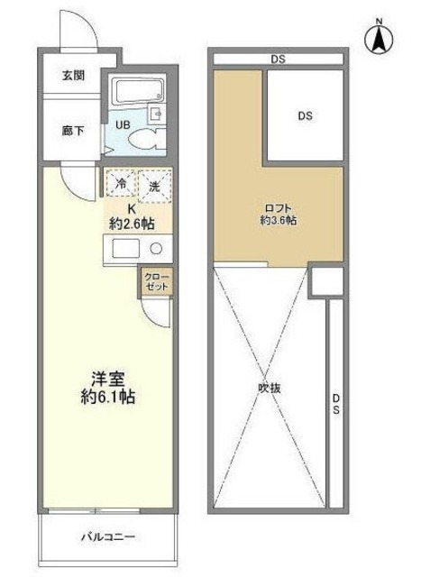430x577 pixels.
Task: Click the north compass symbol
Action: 380,37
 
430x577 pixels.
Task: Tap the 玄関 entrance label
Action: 73,75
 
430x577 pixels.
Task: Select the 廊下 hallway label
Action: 73,132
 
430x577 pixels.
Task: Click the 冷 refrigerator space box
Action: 120,186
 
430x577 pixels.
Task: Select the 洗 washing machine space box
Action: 153,186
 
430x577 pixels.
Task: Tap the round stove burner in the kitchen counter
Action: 155,249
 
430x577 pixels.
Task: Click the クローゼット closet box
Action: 153,281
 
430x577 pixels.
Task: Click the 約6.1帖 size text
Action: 105,397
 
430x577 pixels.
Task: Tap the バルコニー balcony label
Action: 108,537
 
